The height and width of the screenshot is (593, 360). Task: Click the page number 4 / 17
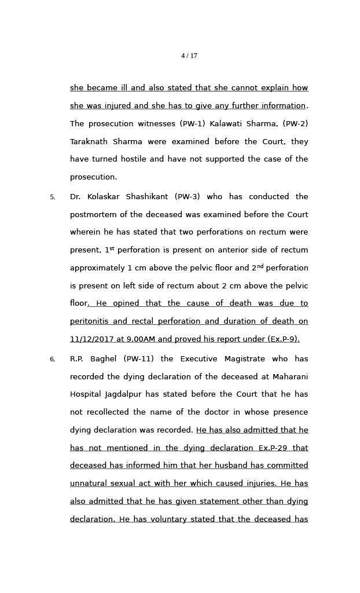pyautogui.click(x=189, y=56)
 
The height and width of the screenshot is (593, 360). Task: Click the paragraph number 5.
pyautogui.click(x=52, y=197)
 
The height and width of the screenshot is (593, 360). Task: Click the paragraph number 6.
pyautogui.click(x=52, y=360)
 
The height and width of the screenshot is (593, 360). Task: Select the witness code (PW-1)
pyautogui.click(x=193, y=124)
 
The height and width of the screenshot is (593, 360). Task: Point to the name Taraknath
pyautogui.click(x=88, y=142)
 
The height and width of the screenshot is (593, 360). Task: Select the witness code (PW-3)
pyautogui.click(x=187, y=197)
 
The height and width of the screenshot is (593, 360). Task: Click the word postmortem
pyautogui.click(x=94, y=215)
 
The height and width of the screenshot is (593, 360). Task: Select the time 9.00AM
pyautogui.click(x=139, y=339)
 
